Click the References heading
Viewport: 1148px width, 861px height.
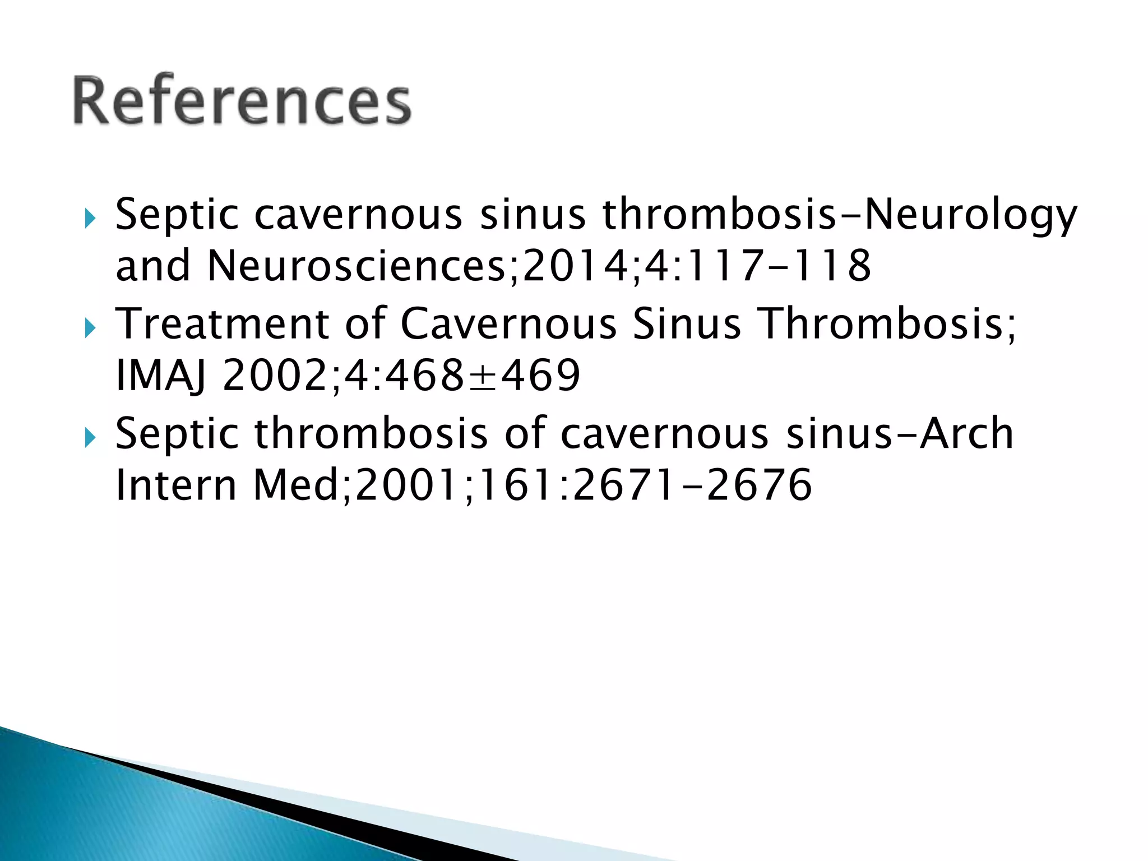tap(242, 101)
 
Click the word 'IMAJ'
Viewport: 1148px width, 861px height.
tap(160, 376)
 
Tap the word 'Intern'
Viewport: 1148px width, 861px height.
tap(176, 485)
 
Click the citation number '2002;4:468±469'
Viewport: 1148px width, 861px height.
tap(401, 376)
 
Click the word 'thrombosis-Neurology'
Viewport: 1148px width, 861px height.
tap(840, 215)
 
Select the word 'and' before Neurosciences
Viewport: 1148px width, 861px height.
tap(153, 266)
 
